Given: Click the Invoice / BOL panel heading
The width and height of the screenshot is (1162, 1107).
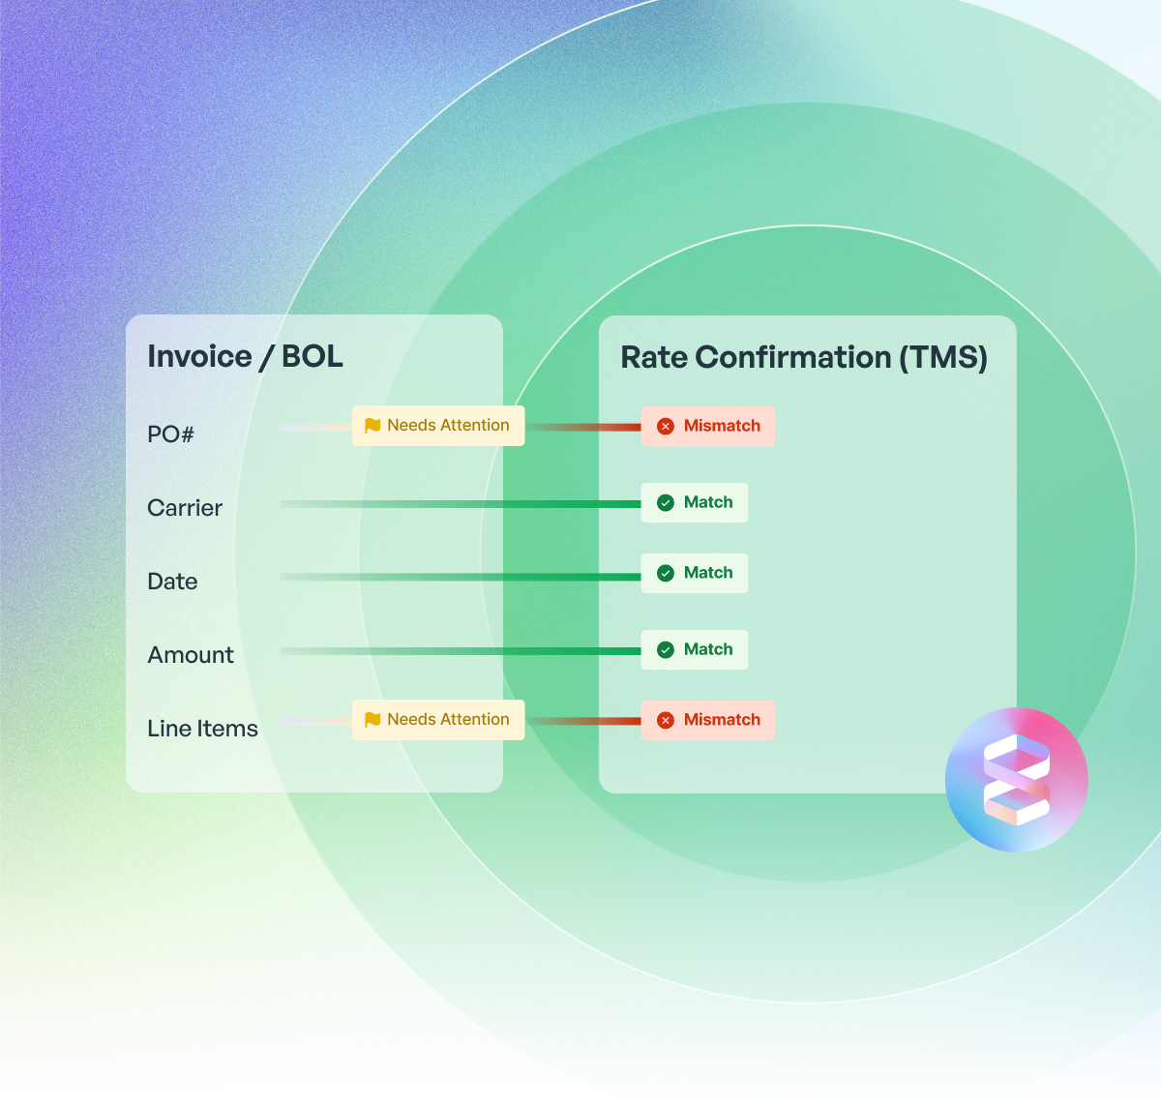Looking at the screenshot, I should point(245,356).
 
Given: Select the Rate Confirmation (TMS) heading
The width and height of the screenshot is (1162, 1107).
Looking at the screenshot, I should point(803,357).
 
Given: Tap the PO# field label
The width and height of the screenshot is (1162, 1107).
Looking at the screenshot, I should point(170,434).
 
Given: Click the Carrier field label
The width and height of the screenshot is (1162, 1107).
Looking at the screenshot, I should point(185,508).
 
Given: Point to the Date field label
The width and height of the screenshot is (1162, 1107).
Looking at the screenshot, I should point(172,582).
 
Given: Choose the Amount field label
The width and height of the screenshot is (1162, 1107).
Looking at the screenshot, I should point(191,655).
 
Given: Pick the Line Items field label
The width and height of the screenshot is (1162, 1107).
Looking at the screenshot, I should point(202,729).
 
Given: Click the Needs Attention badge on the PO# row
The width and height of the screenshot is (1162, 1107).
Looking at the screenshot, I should point(438,426).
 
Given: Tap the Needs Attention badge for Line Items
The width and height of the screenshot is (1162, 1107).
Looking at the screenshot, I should point(438,720).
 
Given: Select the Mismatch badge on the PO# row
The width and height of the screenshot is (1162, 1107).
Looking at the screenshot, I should point(708,426).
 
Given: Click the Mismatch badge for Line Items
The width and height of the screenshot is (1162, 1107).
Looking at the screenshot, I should point(708,720).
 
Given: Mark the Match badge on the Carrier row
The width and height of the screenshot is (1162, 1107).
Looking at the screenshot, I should point(695,502).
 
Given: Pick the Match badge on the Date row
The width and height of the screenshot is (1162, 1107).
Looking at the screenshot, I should point(695,573).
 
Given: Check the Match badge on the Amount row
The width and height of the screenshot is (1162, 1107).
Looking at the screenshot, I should point(695,649).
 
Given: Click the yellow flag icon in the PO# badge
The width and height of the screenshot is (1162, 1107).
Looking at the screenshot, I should point(372,426).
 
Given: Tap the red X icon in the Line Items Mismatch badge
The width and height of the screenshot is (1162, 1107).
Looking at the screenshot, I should point(666,720).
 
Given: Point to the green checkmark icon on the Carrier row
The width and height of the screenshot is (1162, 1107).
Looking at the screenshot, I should point(666,502).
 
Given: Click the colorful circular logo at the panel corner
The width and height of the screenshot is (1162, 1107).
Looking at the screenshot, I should point(1016,780).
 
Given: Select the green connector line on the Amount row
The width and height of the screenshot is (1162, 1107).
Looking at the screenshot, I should point(484,651).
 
